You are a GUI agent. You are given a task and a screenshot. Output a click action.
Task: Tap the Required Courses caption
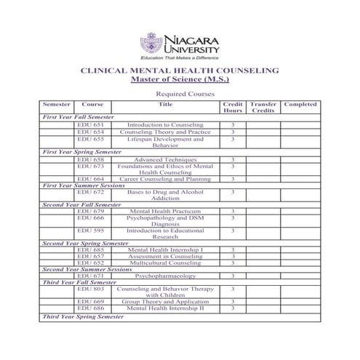pyautogui.click(x=179, y=95)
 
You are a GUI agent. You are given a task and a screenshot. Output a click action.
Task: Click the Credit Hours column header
pyautogui.click(x=232, y=108)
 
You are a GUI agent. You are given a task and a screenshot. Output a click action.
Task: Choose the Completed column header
pyautogui.click(x=300, y=104)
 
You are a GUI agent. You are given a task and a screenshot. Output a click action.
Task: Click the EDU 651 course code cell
pyautogui.click(x=92, y=124)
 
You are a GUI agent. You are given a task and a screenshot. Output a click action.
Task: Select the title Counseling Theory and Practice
pyautogui.click(x=165, y=132)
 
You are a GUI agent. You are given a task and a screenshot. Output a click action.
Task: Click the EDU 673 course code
pyautogui.click(x=92, y=166)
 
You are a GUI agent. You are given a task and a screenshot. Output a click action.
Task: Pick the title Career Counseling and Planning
pyautogui.click(x=165, y=178)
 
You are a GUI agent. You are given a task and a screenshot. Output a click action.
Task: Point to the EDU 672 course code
pyautogui.click(x=92, y=191)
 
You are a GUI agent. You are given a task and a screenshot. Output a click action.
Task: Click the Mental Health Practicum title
pyautogui.click(x=165, y=211)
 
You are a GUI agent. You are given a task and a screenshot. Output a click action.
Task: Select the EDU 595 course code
pyautogui.click(x=92, y=231)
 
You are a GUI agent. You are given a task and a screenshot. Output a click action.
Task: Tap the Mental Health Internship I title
pyautogui.click(x=165, y=249)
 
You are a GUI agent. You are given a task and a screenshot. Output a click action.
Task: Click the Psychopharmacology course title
pyautogui.click(x=165, y=276)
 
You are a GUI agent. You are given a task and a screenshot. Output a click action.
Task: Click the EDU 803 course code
pyautogui.click(x=92, y=289)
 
